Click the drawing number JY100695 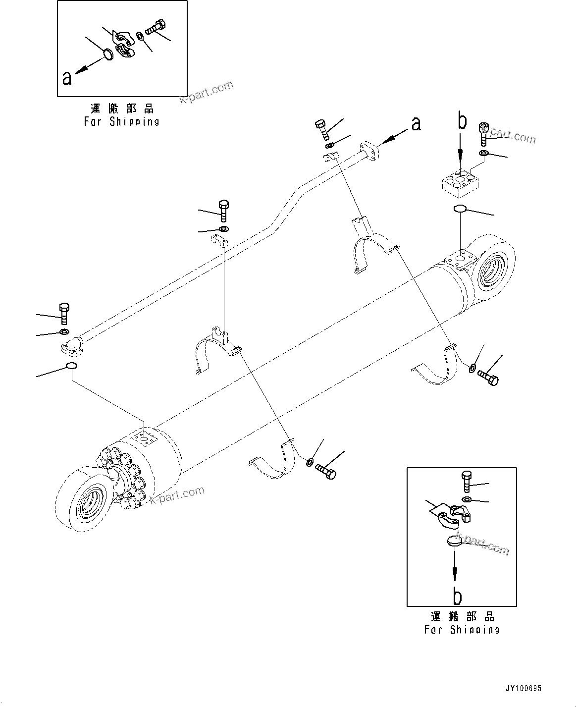(524, 689)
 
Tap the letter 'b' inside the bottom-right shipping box (458, 597)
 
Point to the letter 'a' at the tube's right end (416, 123)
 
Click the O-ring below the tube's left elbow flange (71, 366)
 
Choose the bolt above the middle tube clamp (223, 211)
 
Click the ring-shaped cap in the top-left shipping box (108, 54)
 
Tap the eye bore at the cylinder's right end (496, 270)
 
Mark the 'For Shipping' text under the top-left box (122, 121)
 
